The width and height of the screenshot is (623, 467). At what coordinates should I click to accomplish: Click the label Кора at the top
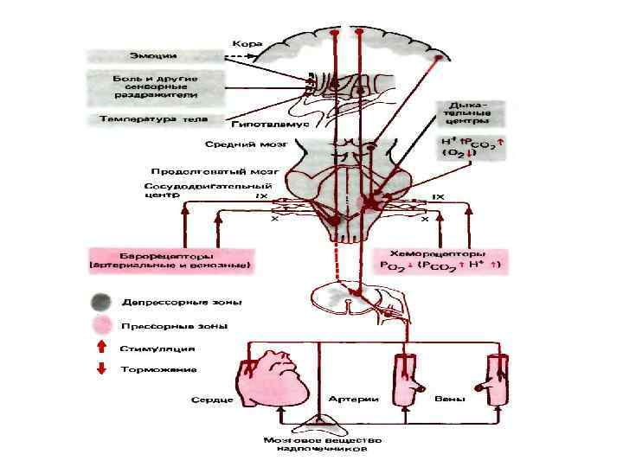247,42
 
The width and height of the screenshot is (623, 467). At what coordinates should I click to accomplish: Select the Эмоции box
154,57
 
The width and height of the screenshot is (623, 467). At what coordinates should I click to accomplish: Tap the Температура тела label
155,118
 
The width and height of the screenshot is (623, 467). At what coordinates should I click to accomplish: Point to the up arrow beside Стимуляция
101,349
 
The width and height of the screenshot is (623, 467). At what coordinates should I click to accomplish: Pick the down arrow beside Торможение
101,369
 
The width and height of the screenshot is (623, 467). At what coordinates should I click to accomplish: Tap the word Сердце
213,401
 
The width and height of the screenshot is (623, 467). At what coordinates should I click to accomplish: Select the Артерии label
350,400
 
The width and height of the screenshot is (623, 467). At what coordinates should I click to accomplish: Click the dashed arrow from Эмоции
239,57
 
